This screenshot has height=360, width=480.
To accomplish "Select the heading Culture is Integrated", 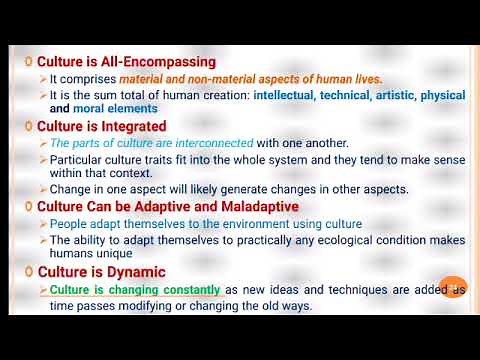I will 101,127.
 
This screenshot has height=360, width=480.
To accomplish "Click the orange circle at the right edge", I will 452,287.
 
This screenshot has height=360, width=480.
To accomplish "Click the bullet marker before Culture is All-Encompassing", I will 29,62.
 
